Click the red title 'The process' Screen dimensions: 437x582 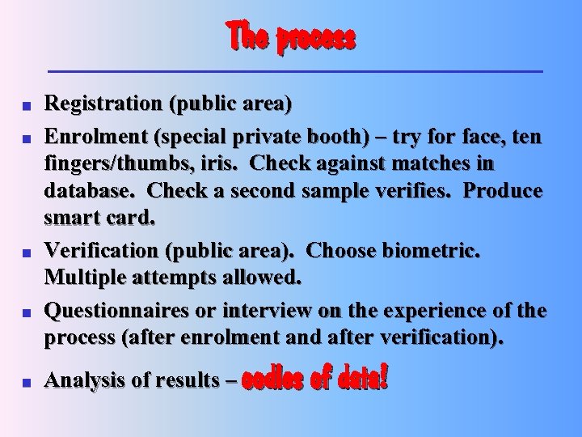[291, 37]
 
